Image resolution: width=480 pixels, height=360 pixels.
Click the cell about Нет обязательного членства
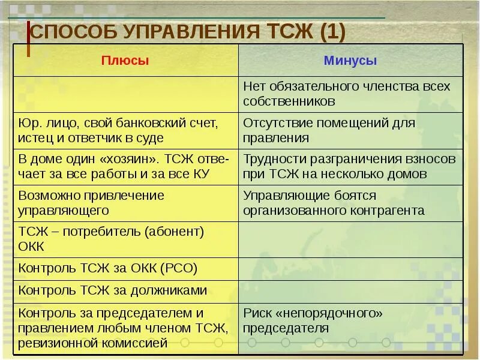(350, 94)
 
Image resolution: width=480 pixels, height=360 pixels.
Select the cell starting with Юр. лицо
(125, 130)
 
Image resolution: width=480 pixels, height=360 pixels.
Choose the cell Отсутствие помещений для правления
(350, 130)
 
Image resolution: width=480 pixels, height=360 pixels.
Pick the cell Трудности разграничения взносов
(350, 167)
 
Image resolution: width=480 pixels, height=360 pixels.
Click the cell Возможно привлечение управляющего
(125, 203)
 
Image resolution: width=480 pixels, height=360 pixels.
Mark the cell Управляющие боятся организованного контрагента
(350, 203)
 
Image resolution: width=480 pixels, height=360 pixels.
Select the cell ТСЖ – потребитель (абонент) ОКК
(125, 239)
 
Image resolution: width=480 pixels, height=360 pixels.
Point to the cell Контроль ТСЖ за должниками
(125, 291)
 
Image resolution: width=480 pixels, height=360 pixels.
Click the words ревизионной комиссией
(92, 343)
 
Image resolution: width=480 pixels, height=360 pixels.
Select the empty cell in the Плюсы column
(125, 94)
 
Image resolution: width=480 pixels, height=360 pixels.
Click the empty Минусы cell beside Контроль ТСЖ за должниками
(350, 291)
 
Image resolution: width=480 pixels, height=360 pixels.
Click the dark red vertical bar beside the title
(28, 39)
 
